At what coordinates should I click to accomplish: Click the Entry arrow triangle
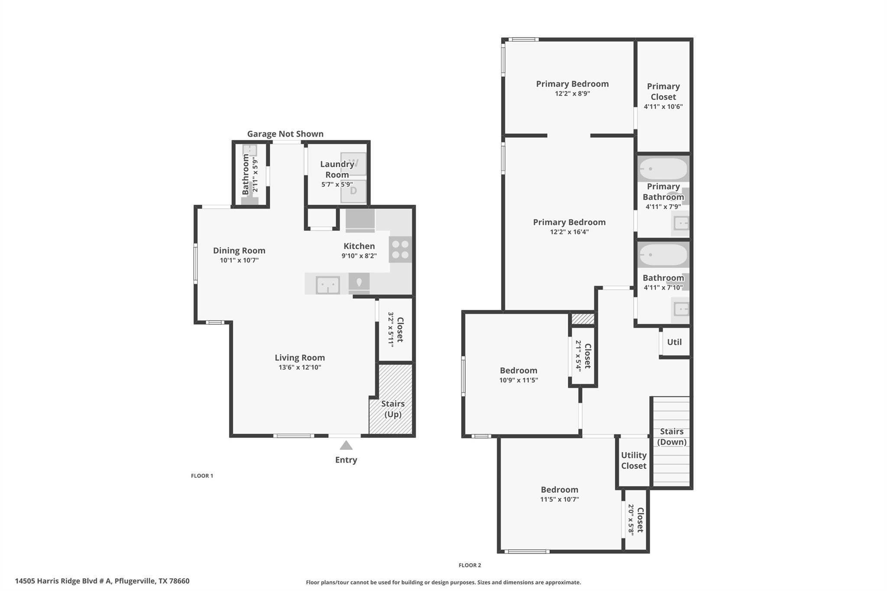(x=346, y=446)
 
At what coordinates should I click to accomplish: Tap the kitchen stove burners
(x=400, y=249)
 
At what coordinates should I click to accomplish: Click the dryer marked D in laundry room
(x=353, y=191)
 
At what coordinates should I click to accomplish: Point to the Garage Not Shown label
(x=285, y=134)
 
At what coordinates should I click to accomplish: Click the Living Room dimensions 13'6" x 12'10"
(x=300, y=368)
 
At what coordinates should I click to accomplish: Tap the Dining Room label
(x=239, y=250)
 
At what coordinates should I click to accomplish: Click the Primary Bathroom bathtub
(x=663, y=169)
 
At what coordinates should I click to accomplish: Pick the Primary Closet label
(x=663, y=91)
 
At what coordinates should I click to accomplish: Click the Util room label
(x=674, y=342)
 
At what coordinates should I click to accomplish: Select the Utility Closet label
(x=634, y=460)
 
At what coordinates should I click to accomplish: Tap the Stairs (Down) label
(x=672, y=436)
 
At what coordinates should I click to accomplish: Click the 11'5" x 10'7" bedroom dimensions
(x=559, y=499)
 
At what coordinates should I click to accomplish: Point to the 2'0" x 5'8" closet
(x=636, y=520)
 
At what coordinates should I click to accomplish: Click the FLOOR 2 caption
(x=469, y=565)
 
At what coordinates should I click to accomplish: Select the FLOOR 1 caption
(x=202, y=475)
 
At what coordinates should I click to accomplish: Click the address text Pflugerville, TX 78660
(x=152, y=581)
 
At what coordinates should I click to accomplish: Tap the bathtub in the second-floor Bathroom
(x=663, y=255)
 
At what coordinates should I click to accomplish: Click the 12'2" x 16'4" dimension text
(x=569, y=232)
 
